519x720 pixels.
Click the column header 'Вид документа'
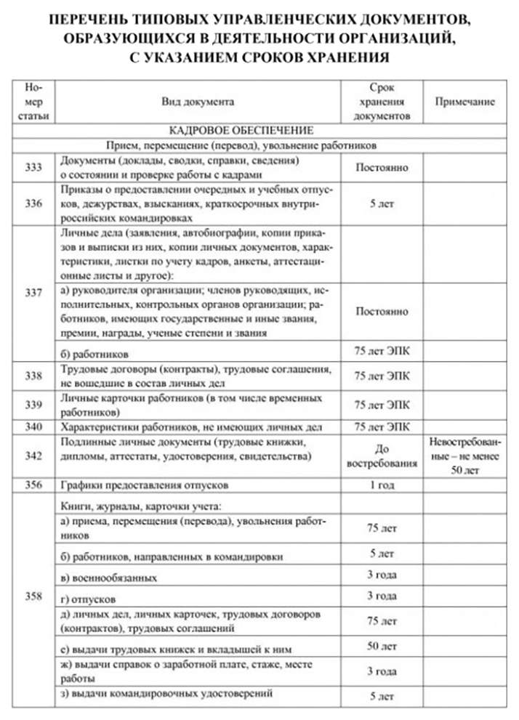tap(198, 102)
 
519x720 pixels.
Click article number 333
tap(33, 166)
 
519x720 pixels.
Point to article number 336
tap(33, 203)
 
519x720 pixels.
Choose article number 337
tap(33, 293)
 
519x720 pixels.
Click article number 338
tap(33, 376)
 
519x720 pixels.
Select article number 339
tap(33, 404)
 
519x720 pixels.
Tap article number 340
tap(33, 426)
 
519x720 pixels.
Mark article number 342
tap(33, 456)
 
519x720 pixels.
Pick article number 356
tap(33, 484)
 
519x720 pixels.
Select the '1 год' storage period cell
tap(382, 484)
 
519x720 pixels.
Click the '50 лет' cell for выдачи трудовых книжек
tap(382, 646)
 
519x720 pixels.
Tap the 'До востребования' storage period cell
tap(382, 456)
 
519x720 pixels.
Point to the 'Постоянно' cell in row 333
tap(382, 167)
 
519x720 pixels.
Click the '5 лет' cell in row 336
tap(382, 204)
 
